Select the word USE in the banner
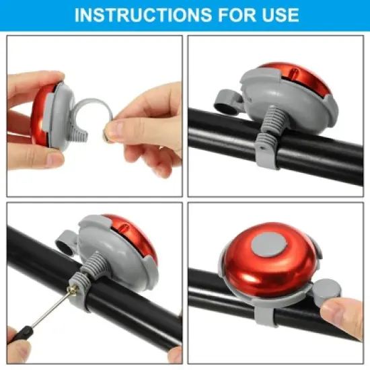click(x=275, y=15)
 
